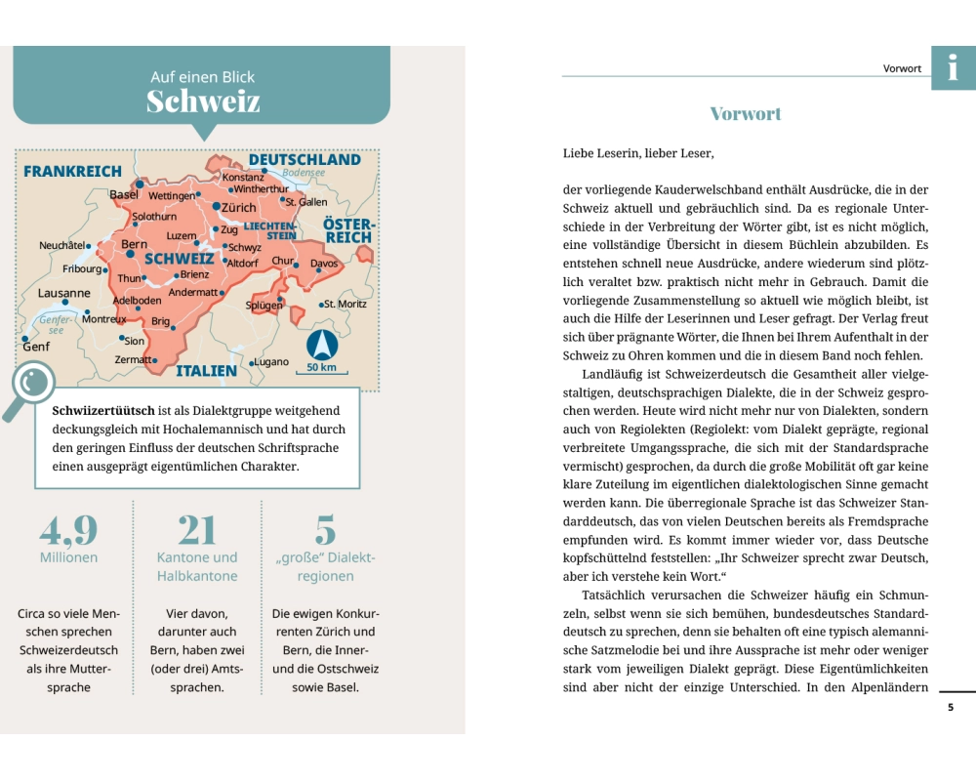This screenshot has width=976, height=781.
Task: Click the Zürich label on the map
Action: coord(239,208)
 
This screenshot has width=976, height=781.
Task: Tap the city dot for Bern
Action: coord(129,254)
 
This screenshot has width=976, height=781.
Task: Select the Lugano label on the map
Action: coord(271,362)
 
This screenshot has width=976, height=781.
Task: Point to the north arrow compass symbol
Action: coord(321,345)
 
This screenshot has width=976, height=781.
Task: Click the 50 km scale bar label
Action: coord(321,368)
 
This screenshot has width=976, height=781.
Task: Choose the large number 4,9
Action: coord(68,530)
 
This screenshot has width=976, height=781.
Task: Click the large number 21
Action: coord(197,530)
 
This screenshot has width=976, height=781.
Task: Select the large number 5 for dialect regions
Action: coord(325,530)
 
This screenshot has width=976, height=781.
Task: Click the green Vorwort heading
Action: coord(746,114)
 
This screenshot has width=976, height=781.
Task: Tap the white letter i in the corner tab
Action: coord(954,67)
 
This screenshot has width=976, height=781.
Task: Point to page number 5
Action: coord(951,707)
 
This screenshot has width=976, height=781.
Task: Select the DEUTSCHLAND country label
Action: coord(305,159)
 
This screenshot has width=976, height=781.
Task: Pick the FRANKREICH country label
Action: coord(73,171)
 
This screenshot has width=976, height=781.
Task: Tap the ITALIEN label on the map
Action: coord(206,371)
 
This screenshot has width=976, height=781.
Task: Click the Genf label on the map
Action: coord(36,347)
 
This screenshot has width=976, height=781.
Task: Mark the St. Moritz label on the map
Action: coord(346,305)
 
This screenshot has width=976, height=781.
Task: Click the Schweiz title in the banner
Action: coord(203,102)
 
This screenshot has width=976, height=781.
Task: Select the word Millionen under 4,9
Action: coord(68,557)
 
